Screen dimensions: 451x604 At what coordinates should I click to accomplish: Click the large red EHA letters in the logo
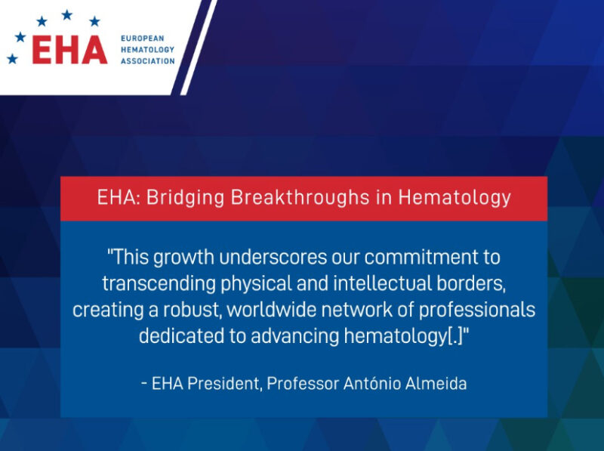69,48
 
